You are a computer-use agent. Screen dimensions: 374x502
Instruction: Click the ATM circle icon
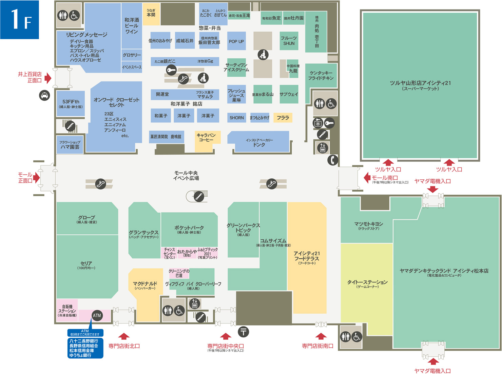tap(97, 315)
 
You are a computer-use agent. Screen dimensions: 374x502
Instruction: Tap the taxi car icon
tap(44, 95)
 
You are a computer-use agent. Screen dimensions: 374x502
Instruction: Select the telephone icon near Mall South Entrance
tap(333, 160)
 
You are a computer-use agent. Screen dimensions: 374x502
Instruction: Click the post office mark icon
tap(243, 331)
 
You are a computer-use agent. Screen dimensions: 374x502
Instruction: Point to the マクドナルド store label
tap(145, 285)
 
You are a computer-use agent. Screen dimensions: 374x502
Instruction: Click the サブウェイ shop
tap(289, 94)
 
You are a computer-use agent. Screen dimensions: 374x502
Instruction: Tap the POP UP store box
tap(236, 41)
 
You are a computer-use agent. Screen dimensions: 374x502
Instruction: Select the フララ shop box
tap(283, 118)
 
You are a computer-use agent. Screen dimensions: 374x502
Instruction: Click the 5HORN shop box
tap(237, 118)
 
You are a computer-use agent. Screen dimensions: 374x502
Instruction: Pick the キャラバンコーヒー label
tap(206, 137)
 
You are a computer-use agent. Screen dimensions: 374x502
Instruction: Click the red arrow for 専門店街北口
tap(124, 336)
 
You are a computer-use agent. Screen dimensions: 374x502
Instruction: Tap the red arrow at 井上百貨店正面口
tap(48, 78)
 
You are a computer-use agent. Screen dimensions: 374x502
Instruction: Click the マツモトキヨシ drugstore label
tap(368, 225)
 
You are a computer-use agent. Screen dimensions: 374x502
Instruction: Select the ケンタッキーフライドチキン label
tap(321, 75)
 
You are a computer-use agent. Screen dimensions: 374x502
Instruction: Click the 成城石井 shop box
tap(185, 41)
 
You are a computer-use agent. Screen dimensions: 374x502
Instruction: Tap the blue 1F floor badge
tap(20, 20)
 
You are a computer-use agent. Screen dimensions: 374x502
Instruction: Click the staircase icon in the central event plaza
tap(199, 196)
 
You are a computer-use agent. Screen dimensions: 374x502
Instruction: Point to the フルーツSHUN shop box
tap(289, 41)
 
